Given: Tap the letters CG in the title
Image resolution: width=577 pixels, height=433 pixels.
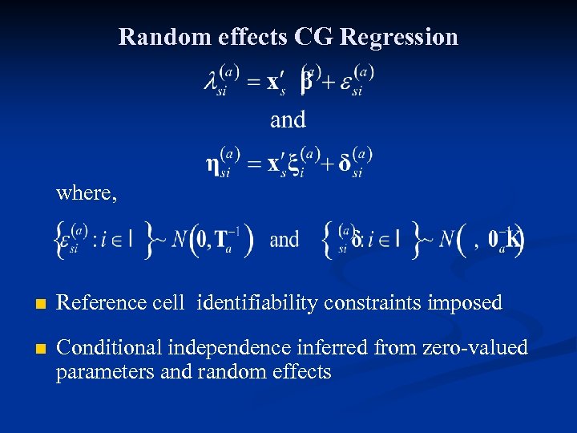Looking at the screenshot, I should point(313,37).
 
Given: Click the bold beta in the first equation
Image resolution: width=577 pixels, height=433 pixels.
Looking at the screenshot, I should point(307,82).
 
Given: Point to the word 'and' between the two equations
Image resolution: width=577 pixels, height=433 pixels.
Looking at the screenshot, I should point(288,119).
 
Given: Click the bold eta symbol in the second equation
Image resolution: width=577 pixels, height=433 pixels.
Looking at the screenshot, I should point(213,164).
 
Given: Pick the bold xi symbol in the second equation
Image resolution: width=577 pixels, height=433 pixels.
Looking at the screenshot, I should point(293,164).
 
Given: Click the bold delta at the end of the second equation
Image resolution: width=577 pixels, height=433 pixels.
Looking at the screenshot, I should point(345,164).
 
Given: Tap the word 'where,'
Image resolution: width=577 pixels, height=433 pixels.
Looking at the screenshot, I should point(87,193).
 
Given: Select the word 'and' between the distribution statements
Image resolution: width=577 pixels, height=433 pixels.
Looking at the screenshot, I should point(284,240).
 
